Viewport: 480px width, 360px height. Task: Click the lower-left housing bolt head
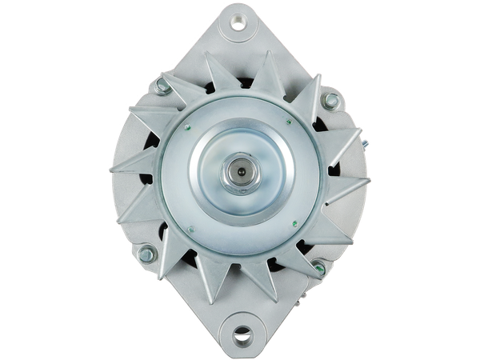click(x=146, y=255)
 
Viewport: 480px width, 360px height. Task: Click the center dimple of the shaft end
click(x=240, y=170)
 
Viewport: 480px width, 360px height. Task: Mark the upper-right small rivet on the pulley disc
click(x=288, y=122)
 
